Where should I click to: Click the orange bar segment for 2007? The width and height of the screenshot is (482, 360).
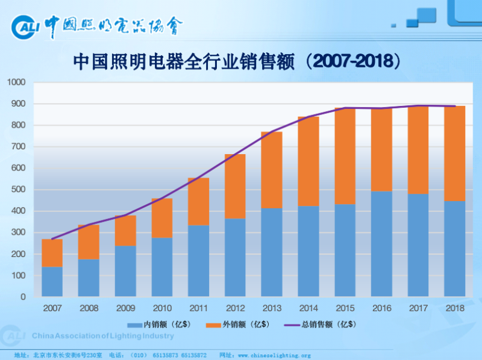(52, 253)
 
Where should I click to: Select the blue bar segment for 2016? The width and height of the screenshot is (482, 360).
(381, 244)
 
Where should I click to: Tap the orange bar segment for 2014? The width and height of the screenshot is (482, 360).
(308, 161)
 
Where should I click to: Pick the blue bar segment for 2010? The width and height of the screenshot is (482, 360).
(161, 267)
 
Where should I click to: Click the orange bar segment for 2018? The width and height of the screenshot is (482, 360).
(454, 154)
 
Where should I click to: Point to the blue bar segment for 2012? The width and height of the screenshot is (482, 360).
(235, 258)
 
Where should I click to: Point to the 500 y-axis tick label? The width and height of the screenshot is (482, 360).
(19, 190)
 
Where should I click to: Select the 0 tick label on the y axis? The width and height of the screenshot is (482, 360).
(23, 297)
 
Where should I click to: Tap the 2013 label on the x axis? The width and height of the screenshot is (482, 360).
(271, 308)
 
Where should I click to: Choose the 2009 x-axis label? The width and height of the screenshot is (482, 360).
(125, 308)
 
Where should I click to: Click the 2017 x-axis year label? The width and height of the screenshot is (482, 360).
(418, 308)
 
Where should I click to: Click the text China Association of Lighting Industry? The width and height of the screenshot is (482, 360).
(102, 336)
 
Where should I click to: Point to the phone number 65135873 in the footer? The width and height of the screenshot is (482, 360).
(167, 355)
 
